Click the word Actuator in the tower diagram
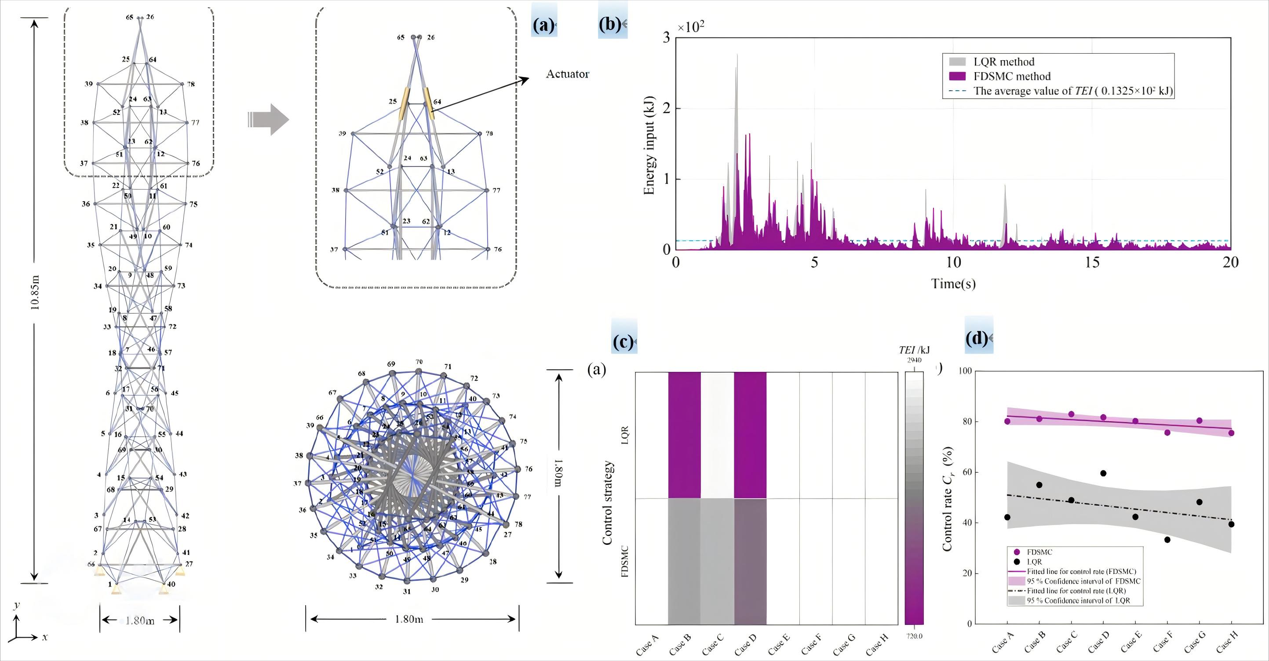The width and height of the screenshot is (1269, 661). pyautogui.click(x=567, y=74)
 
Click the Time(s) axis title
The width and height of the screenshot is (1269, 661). pyautogui.click(x=953, y=284)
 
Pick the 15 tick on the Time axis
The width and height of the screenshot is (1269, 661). pyautogui.click(x=1092, y=262)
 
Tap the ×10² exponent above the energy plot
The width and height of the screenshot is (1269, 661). pyautogui.click(x=691, y=28)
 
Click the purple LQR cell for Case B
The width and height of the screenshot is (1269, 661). pyautogui.click(x=684, y=435)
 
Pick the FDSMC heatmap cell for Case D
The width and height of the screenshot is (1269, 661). pyautogui.click(x=750, y=562)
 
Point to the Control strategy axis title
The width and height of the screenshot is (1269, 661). pyautogui.click(x=607, y=502)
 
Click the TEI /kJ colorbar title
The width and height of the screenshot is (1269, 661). pyautogui.click(x=914, y=350)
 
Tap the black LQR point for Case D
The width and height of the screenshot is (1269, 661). pyautogui.click(x=1103, y=473)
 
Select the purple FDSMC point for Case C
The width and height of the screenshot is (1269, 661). pyautogui.click(x=1071, y=414)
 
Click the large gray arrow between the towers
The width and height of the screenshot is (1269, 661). pyautogui.click(x=269, y=120)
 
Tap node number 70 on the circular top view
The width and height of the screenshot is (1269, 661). pyautogui.click(x=419, y=362)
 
